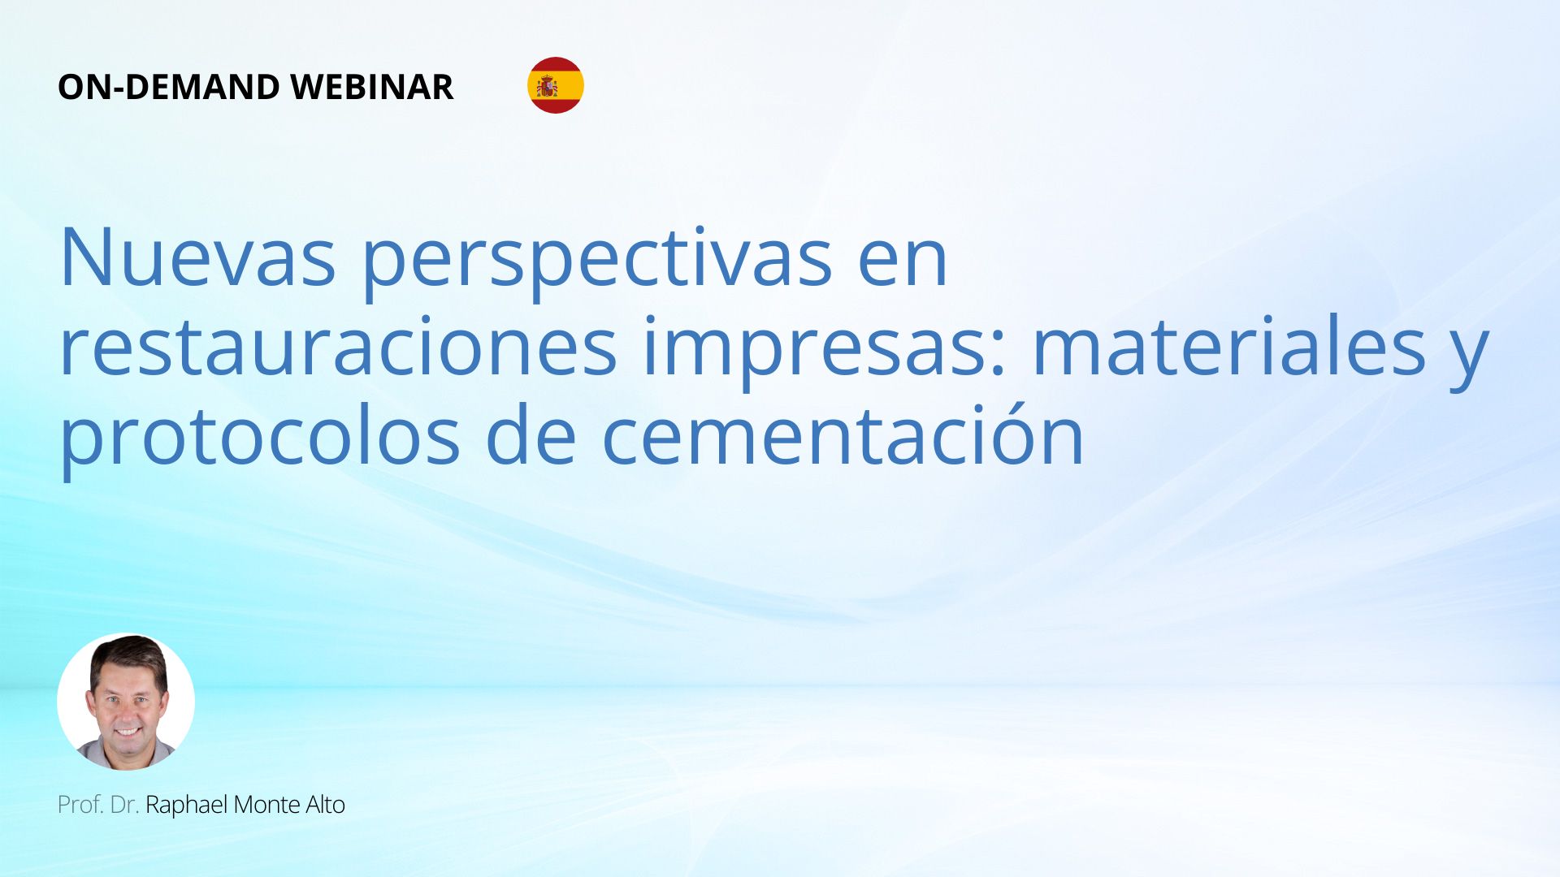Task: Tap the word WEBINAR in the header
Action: [x=371, y=87]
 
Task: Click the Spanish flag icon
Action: [x=556, y=85]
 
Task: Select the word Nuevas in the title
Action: [x=197, y=257]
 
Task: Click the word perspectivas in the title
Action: [x=597, y=263]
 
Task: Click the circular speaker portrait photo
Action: [x=126, y=702]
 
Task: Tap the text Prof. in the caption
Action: [x=80, y=805]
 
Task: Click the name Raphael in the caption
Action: [x=187, y=805]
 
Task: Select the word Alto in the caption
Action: [x=326, y=805]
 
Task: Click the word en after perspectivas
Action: [x=903, y=265]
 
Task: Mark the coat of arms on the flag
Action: [x=548, y=85]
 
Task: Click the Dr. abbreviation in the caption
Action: [x=124, y=805]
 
